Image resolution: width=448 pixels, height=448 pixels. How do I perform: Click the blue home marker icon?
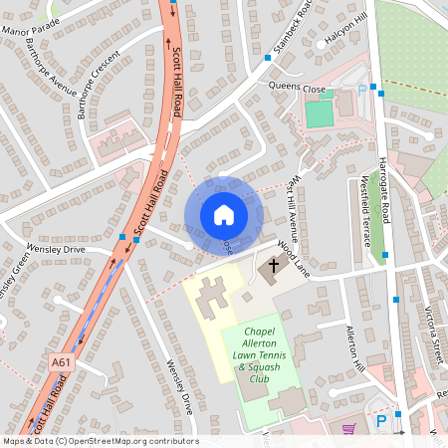click(x=224, y=215)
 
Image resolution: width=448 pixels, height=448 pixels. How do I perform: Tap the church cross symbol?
click(x=273, y=267)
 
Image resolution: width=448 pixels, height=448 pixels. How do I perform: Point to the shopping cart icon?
click(x=347, y=429)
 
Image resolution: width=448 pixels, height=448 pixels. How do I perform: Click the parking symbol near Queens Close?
click(x=361, y=91)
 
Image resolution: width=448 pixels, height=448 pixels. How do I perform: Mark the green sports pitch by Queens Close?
click(x=319, y=113)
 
